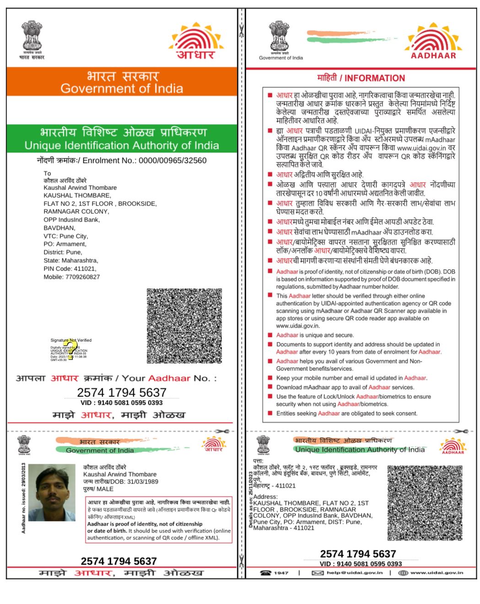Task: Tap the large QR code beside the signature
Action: coord(184,326)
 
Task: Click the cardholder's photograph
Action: coord(52,492)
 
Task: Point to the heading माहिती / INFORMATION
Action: coord(361,78)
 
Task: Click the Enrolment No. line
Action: coord(122,160)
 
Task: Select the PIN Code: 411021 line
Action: coord(70,269)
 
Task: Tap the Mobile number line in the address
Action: coord(71,277)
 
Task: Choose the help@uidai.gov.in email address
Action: coord(354,573)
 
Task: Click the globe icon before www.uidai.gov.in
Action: coord(403,573)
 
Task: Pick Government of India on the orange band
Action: coord(122,88)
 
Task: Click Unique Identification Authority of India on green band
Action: coord(122,146)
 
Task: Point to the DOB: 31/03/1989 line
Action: coord(120,482)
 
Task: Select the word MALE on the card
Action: coord(105,489)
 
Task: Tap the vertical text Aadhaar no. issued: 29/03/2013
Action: coord(24,498)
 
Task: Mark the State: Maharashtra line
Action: coord(70,261)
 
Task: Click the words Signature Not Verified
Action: coord(71,340)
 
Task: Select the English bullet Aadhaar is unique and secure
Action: coord(315,335)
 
